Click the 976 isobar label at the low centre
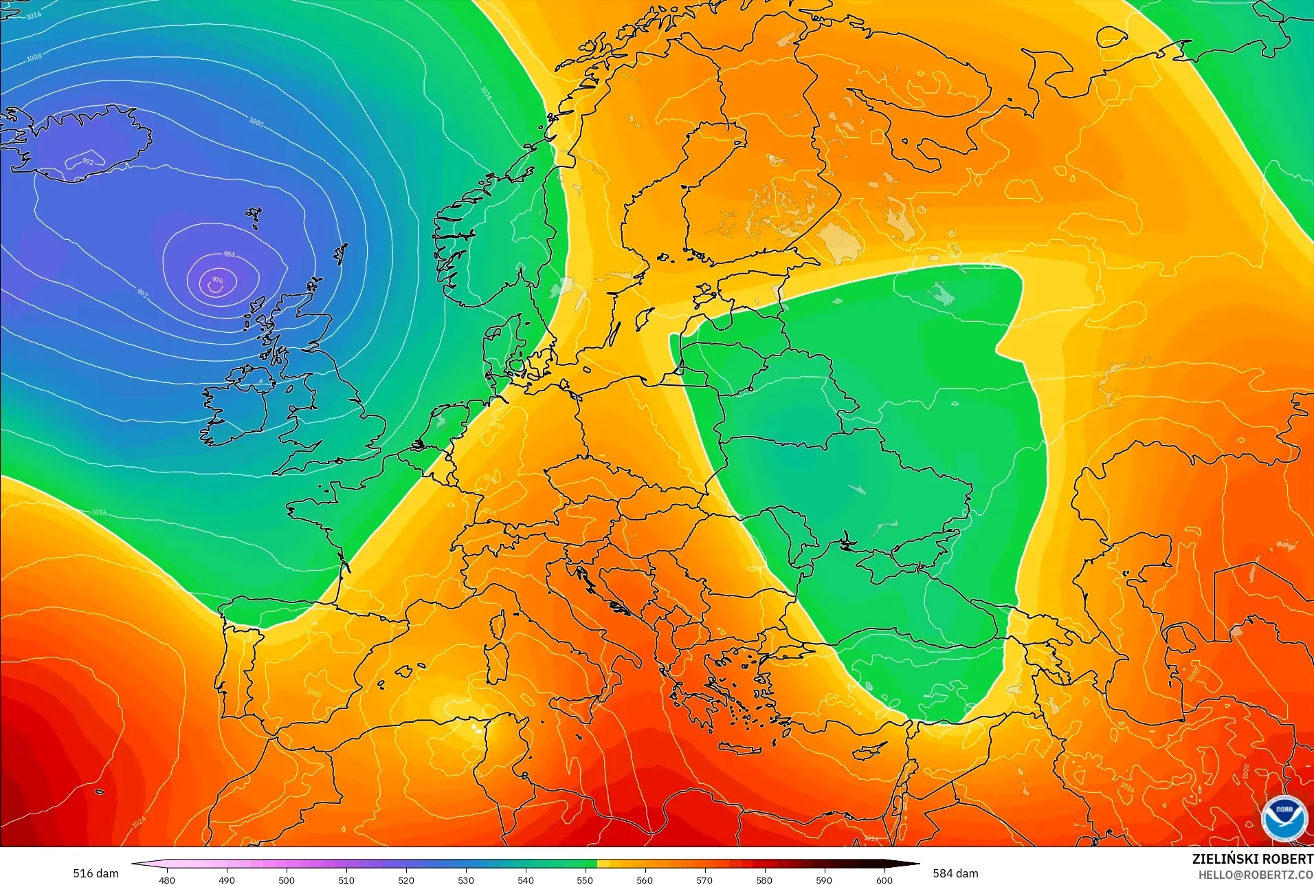[217, 280]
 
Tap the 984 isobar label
[229, 254]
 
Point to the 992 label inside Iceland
[88, 162]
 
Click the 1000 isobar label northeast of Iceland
[256, 122]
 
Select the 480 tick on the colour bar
[167, 879]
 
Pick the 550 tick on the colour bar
[585, 879]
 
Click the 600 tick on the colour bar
[884, 879]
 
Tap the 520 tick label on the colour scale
[406, 879]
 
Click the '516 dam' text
[96, 873]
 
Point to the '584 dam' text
[955, 873]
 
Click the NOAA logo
[1284, 817]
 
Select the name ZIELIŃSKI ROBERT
[1252, 859]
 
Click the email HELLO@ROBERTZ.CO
[1256, 875]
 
